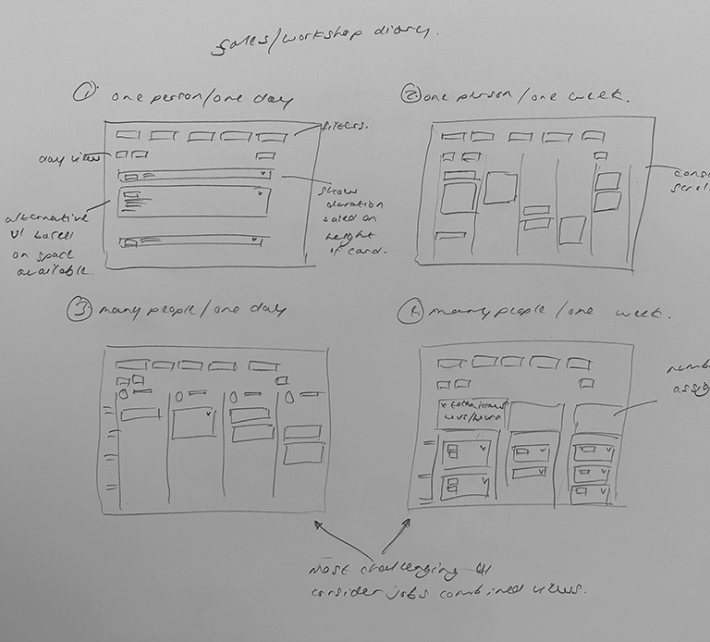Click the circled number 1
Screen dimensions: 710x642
86,94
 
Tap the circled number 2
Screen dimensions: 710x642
410,93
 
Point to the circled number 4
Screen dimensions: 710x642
408,314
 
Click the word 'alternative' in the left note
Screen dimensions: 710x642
49,218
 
